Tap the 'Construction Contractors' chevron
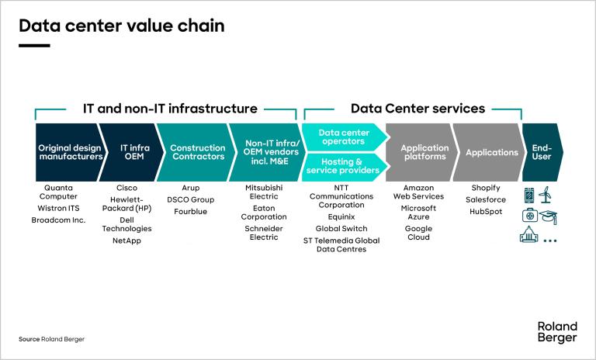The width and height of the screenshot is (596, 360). point(196,152)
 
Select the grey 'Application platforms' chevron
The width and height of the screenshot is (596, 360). point(424,152)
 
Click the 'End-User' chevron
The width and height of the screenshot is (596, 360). point(542,152)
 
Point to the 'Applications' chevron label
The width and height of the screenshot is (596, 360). point(491,153)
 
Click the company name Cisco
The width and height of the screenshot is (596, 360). point(126,188)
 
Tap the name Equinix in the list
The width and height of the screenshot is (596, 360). point(341,217)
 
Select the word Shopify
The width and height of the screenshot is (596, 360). point(486,188)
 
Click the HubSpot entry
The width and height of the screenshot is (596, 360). point(486,211)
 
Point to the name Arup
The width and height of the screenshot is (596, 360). point(191,188)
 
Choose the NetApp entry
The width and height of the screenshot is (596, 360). point(126,241)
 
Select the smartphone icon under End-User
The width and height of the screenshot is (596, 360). point(531,195)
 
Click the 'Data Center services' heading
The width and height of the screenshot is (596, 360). point(418,109)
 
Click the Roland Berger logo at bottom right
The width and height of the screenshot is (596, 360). point(556,331)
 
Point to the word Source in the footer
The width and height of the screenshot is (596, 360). point(29,339)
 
